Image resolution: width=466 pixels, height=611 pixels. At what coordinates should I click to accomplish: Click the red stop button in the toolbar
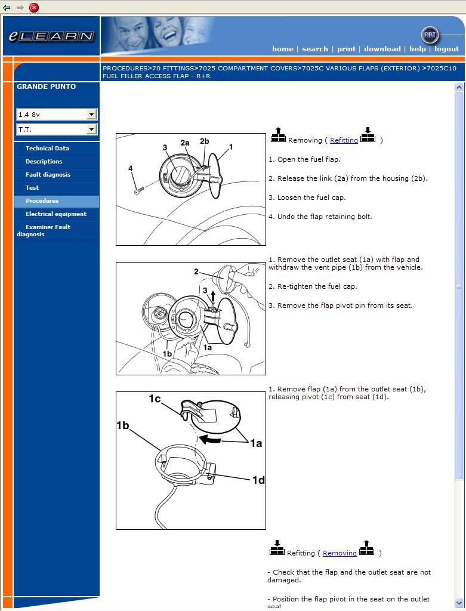pos(34,7)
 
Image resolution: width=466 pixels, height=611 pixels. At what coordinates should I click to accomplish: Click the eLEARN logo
pos(51,36)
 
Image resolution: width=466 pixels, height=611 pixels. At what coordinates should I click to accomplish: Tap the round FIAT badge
pos(430,35)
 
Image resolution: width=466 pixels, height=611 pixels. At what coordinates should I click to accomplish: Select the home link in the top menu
pos(282,49)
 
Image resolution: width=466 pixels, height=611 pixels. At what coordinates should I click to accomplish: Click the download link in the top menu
pos(382,49)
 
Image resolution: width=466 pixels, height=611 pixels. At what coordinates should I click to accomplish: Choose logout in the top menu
pos(446,49)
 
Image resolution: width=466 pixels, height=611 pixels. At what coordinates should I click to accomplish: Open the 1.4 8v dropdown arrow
pos(91,114)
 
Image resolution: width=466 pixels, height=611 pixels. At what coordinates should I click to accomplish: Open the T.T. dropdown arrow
pos(91,129)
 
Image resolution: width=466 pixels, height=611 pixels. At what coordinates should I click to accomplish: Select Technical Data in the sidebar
pos(47,148)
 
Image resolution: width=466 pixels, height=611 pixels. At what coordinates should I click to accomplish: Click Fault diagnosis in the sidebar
pos(48,175)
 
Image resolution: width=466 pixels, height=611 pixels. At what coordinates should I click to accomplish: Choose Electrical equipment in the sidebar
pos(56,214)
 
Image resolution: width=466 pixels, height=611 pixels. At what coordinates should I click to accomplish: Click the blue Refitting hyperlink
pos(344,140)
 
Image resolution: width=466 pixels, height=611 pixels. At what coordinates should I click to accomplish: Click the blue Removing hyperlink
pos(340,553)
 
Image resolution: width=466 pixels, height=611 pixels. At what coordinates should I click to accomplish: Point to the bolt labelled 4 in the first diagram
pos(138,190)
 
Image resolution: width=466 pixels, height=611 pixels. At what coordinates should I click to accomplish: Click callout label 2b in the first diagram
pos(204,141)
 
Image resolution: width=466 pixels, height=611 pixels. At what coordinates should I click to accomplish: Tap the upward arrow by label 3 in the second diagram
pos(213,296)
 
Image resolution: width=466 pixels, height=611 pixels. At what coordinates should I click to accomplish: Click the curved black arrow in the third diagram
pos(209,439)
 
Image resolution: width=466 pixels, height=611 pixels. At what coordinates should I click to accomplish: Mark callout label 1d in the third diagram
pos(258,480)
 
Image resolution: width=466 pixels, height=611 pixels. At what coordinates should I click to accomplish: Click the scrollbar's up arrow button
pos(459,87)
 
